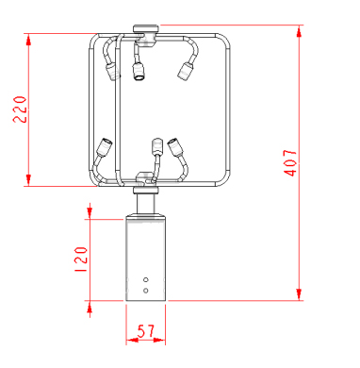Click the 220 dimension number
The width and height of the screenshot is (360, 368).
click(18, 110)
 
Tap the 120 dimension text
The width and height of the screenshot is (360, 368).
click(80, 257)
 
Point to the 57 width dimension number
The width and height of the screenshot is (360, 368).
click(147, 333)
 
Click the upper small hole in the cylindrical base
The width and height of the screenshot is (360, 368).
click(146, 280)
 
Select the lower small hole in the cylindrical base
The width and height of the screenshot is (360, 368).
click(146, 291)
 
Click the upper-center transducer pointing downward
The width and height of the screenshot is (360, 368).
click(141, 72)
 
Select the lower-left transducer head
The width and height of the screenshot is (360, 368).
click(103, 145)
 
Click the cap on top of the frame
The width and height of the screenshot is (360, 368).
click(146, 29)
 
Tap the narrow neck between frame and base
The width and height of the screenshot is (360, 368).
click(146, 203)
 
